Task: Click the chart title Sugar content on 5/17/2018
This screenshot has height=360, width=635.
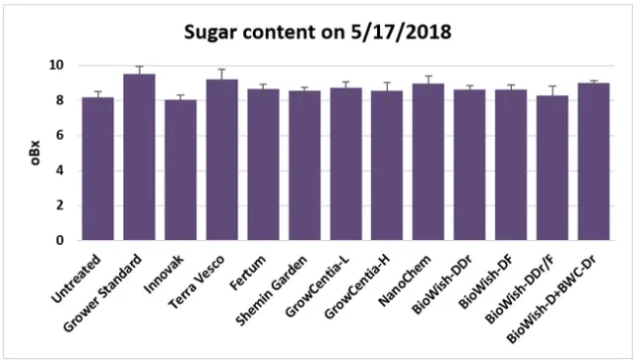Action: click(x=318, y=33)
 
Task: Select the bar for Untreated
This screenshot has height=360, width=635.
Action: click(x=97, y=169)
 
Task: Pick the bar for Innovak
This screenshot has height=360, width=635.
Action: click(x=181, y=170)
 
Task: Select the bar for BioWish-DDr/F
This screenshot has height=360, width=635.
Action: click(x=553, y=168)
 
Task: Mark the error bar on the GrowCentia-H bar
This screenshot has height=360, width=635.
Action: click(x=387, y=87)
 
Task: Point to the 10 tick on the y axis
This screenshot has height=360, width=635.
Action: click(x=57, y=65)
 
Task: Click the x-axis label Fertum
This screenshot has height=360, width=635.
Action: click(x=248, y=265)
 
